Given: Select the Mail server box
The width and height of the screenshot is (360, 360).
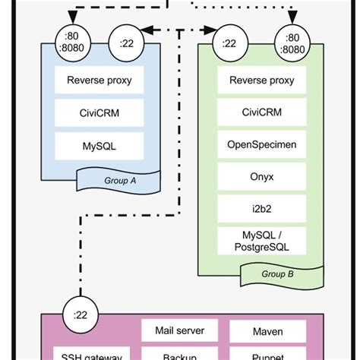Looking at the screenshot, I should coord(180,330).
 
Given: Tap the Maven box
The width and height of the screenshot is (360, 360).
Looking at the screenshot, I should coord(256,330).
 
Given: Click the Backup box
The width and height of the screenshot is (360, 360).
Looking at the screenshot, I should coord(180,355).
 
